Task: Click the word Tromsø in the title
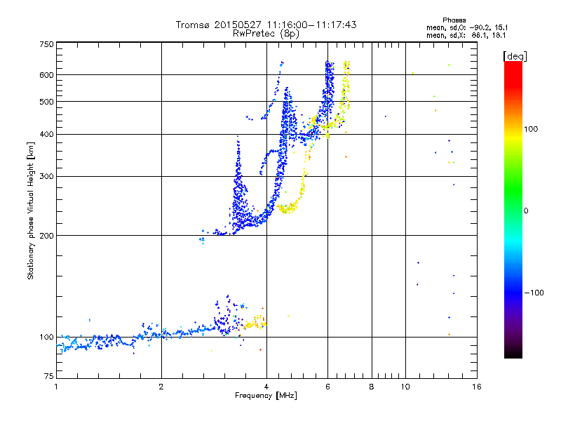point(194,25)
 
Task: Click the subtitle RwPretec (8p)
point(266,34)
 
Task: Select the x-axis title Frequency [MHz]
point(266,396)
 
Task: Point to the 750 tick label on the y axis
point(47,44)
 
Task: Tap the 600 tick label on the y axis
point(47,75)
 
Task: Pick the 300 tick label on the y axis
point(47,176)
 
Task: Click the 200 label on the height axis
point(47,236)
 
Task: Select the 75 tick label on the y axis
point(49,376)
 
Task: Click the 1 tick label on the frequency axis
point(57,387)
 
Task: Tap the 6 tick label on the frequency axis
point(327,387)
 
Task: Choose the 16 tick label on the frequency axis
point(477,387)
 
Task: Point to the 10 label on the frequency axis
point(405,387)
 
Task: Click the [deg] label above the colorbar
point(515,56)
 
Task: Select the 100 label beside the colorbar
point(531,129)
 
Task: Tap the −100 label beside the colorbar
point(534,293)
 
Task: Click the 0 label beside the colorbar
point(526,211)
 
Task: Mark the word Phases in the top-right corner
point(454,20)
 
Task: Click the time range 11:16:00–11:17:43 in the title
point(311,25)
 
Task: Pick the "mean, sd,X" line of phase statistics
point(466,36)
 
